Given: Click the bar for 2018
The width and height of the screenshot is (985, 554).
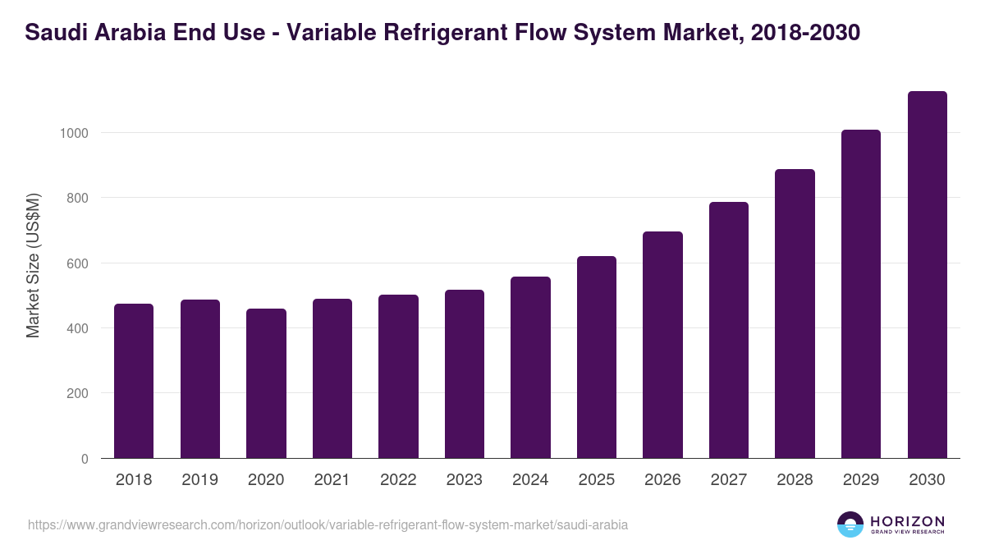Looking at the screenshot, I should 134,381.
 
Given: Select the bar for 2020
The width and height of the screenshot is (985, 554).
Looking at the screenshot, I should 266,383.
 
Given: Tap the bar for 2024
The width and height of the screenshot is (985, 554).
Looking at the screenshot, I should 530,368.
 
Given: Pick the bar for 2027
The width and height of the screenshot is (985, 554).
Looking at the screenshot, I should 729,330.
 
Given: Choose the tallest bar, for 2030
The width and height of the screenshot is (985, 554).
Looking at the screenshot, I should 927,275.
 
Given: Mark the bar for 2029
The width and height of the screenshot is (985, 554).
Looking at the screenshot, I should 861,294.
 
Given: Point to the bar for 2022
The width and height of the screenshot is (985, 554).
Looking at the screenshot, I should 398,377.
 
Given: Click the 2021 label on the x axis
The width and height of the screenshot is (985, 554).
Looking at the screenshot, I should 332,480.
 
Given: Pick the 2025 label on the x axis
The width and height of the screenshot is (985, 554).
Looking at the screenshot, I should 596,480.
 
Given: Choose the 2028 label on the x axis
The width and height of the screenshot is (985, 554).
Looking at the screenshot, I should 795,480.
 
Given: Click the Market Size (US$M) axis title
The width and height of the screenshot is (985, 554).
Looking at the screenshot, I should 33,264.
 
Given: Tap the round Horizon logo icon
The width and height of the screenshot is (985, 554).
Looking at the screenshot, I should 850,524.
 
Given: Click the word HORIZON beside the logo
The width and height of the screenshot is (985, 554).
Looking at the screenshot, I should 907,520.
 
